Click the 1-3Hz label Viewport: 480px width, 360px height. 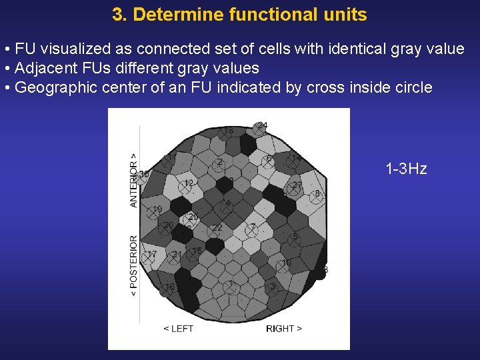pyautogui.click(x=406, y=169)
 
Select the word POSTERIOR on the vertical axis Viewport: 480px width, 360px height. pyautogui.click(x=134, y=265)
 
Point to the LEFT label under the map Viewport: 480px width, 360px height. pyautogui.click(x=179, y=329)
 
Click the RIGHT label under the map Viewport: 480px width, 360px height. pyautogui.click(x=283, y=329)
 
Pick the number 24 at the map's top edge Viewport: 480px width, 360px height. pyautogui.click(x=263, y=125)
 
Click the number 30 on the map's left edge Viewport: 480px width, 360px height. pyautogui.click(x=143, y=173)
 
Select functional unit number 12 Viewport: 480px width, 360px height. pyautogui.click(x=189, y=183)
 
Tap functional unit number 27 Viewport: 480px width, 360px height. pyautogui.click(x=297, y=185)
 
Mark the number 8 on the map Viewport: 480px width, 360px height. pyautogui.click(x=317, y=194)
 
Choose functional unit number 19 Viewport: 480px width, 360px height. pyautogui.click(x=157, y=210)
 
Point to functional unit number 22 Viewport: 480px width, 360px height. pyautogui.click(x=217, y=228)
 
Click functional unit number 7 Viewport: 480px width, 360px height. pyautogui.click(x=253, y=227)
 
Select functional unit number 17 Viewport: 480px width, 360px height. pyautogui.click(x=151, y=255)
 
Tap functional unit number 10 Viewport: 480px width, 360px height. pyautogui.click(x=286, y=263)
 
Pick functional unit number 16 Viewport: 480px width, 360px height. pyautogui.click(x=170, y=287)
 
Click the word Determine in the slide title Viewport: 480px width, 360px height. pyautogui.click(x=167, y=15)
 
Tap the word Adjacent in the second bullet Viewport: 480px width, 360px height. pyautogui.click(x=41, y=68)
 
